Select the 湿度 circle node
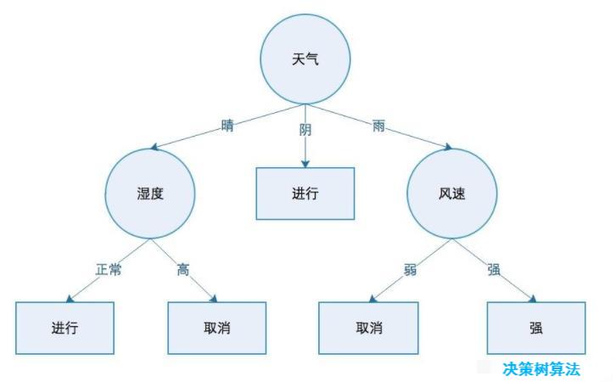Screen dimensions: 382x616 click(x=148, y=193)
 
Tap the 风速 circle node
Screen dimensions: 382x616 click(x=450, y=193)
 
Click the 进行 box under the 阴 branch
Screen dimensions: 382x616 click(x=305, y=193)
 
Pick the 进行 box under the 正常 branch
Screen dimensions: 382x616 click(x=64, y=327)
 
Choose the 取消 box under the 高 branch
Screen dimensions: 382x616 click(x=216, y=327)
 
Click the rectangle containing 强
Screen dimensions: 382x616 click(x=536, y=327)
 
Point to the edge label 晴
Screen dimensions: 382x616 click(x=227, y=126)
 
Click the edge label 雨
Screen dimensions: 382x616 click(x=378, y=126)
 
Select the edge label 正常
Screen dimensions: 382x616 click(x=109, y=271)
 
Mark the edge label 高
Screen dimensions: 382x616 click(x=183, y=271)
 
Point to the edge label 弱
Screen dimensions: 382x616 click(x=410, y=271)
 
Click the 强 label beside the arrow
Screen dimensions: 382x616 click(x=494, y=271)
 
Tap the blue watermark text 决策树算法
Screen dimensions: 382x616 click(x=552, y=369)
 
